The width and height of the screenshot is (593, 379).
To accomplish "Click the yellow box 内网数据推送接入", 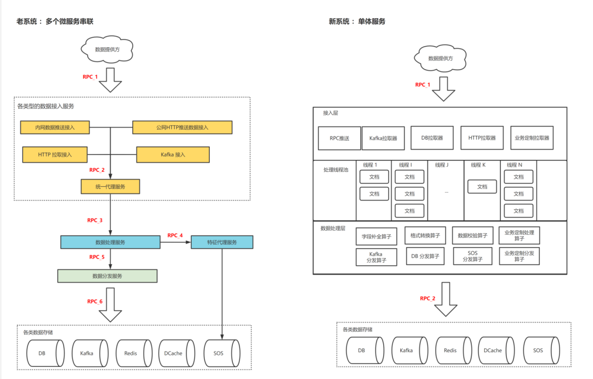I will click(x=54, y=127).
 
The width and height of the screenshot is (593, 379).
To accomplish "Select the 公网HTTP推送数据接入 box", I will click(x=182, y=127).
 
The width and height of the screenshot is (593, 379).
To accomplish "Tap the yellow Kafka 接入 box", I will click(x=173, y=154).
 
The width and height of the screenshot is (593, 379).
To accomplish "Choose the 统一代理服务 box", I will click(x=110, y=187).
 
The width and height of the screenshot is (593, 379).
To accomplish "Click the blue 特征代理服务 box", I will click(x=222, y=242).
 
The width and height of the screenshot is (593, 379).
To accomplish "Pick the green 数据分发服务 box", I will click(x=107, y=276).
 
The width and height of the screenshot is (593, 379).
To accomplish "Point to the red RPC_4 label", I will click(x=175, y=235).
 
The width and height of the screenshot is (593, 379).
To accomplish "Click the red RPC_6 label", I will click(x=95, y=301).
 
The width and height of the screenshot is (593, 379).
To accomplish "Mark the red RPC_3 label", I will click(x=95, y=220).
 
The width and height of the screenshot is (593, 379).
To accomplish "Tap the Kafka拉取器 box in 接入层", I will click(x=383, y=138).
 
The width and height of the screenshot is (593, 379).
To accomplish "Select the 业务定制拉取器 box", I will click(x=531, y=138).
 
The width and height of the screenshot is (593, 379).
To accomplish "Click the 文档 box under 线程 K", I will click(x=482, y=187).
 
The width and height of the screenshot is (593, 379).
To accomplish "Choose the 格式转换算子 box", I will click(x=425, y=235).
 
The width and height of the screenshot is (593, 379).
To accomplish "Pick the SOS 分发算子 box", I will click(x=473, y=256).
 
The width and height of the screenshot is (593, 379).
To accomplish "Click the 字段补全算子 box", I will click(x=377, y=236).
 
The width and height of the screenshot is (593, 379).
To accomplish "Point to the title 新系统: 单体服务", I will click(x=357, y=21).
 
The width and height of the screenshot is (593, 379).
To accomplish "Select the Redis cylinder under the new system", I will click(x=450, y=350).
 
